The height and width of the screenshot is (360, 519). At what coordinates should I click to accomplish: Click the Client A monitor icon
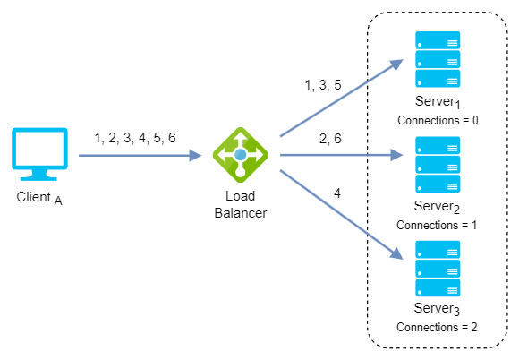(39, 154)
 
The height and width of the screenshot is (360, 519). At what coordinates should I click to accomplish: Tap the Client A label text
(39, 199)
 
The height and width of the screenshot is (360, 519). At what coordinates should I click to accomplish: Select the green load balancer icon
(241, 155)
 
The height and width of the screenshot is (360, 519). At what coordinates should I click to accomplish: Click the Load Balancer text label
(241, 204)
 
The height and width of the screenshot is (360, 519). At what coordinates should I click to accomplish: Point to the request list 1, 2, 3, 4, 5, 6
(135, 138)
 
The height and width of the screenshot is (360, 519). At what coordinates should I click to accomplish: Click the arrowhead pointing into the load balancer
(195, 155)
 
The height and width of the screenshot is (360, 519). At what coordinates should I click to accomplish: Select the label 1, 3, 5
(323, 85)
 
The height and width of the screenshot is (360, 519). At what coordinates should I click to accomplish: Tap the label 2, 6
(330, 139)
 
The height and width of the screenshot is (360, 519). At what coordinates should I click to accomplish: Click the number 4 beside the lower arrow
(337, 193)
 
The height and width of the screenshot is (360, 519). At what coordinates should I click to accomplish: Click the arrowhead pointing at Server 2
(396, 155)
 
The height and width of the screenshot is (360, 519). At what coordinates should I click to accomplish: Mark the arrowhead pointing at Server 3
(396, 253)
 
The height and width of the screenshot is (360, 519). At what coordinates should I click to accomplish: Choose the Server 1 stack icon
(438, 59)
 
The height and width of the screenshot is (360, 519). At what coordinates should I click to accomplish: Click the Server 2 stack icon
(438, 164)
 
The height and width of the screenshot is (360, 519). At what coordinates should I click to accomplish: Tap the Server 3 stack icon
(438, 269)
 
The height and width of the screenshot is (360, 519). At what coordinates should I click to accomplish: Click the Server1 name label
(438, 102)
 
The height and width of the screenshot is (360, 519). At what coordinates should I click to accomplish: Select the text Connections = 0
(438, 120)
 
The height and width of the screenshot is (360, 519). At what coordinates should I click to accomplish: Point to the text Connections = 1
(437, 225)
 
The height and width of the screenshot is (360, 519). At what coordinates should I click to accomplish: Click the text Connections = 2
(437, 327)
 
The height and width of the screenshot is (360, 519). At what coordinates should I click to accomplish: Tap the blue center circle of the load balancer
(241, 155)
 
